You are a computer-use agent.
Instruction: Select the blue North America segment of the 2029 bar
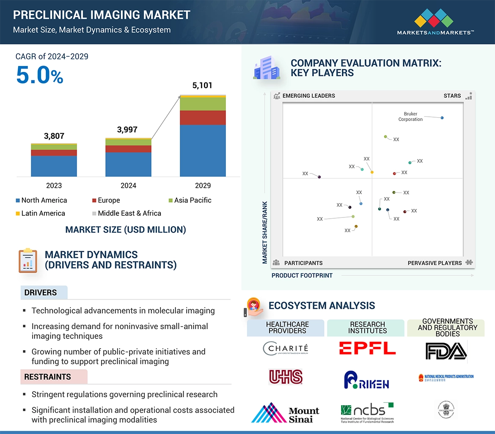click(x=203, y=150)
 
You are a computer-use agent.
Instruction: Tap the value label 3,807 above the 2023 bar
click(x=54, y=136)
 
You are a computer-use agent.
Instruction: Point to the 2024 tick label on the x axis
click(x=128, y=185)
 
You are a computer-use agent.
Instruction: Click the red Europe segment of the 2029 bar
click(x=203, y=118)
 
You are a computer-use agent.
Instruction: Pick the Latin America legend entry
click(x=40, y=213)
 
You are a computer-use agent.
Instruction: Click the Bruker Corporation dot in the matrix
click(x=442, y=118)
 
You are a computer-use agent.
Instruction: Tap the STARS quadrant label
click(x=452, y=96)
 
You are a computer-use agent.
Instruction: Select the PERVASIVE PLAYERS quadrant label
click(x=434, y=263)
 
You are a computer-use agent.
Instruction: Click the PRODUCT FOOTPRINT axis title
click(x=302, y=275)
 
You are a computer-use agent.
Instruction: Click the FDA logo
click(x=446, y=350)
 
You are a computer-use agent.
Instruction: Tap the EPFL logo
click(x=367, y=348)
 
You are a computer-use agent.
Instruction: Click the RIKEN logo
click(x=366, y=380)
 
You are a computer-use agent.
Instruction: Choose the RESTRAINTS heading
click(x=47, y=376)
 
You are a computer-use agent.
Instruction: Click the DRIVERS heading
click(x=41, y=293)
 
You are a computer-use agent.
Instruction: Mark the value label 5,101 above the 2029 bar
click(x=203, y=85)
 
